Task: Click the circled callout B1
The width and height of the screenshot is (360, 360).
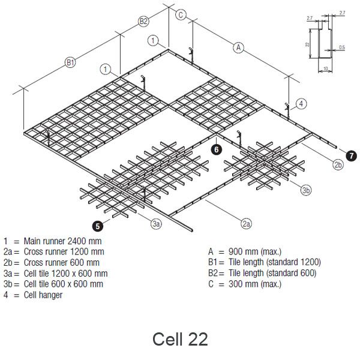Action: (x=70, y=62)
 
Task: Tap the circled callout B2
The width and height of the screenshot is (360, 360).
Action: (x=143, y=22)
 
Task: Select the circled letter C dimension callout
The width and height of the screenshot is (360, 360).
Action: (x=181, y=15)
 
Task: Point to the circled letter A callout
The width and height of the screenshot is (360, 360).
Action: (x=239, y=47)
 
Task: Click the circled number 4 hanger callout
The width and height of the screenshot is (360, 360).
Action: (x=301, y=103)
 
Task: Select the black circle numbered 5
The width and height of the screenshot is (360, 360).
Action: (x=97, y=225)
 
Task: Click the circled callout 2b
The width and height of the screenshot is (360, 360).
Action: (x=338, y=164)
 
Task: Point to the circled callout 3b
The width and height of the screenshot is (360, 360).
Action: (x=306, y=190)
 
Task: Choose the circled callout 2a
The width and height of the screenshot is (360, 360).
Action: (x=246, y=224)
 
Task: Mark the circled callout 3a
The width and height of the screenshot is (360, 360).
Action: (x=156, y=224)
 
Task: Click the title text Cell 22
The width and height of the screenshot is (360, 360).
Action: (x=180, y=339)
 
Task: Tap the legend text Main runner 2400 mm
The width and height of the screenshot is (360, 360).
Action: (x=61, y=241)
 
